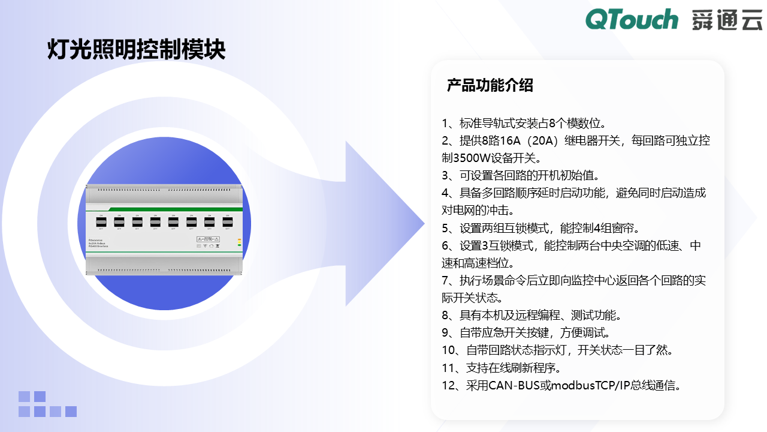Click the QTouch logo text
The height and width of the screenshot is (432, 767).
click(x=632, y=19)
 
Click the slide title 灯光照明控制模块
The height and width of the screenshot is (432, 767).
click(x=137, y=50)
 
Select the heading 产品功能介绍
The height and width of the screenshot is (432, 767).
click(x=490, y=85)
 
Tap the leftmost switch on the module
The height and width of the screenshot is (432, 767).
click(x=101, y=222)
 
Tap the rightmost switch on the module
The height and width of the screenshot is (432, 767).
click(x=227, y=222)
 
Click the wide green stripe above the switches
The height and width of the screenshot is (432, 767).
click(x=165, y=208)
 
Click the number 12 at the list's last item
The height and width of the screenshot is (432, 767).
click(x=449, y=385)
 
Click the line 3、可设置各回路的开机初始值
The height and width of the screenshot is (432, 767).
click(x=521, y=176)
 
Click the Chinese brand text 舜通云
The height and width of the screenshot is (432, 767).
click(x=727, y=20)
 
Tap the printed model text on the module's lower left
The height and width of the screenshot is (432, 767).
click(x=101, y=242)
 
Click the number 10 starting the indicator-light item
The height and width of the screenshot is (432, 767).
click(x=449, y=350)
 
